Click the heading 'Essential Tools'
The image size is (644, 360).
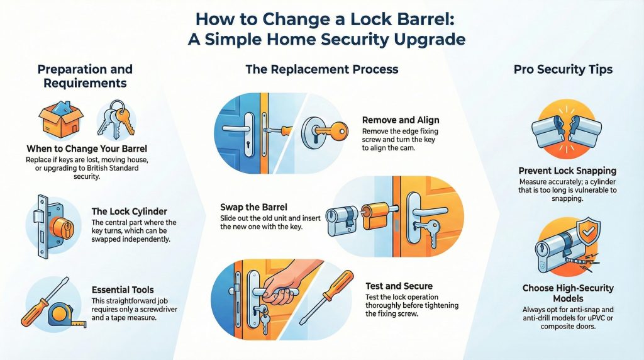(123, 290)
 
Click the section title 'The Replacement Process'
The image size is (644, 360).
(321, 69)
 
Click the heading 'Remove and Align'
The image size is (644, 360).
(401, 120)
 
